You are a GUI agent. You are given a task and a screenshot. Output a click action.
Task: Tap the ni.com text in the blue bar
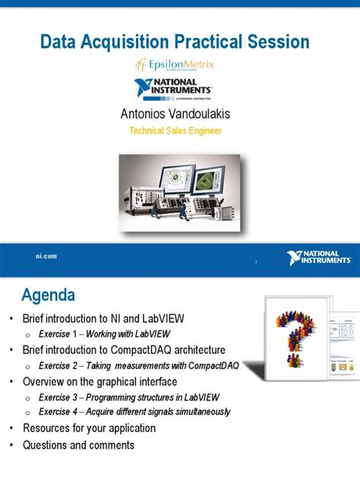pyautogui.click(x=46, y=256)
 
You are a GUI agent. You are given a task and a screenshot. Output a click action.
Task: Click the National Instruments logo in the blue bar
pyautogui.click(x=320, y=258)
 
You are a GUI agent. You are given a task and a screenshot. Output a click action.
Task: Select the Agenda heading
pyautogui.click(x=47, y=294)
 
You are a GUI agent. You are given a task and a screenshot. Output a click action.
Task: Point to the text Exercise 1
pyautogui.click(x=59, y=334)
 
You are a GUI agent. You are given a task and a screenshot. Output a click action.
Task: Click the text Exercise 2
pyautogui.click(x=59, y=365)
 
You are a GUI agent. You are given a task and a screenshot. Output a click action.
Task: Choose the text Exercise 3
pyautogui.click(x=59, y=396)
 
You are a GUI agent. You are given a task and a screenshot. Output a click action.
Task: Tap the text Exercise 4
pyautogui.click(x=59, y=412)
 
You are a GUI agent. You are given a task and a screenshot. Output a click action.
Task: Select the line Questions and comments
pyautogui.click(x=78, y=445)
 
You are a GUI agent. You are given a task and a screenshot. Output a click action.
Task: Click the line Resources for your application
pyautogui.click(x=89, y=428)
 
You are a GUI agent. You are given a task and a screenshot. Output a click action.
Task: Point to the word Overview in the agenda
pyautogui.click(x=45, y=381)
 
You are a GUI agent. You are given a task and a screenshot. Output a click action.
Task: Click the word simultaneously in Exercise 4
pyautogui.click(x=201, y=412)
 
